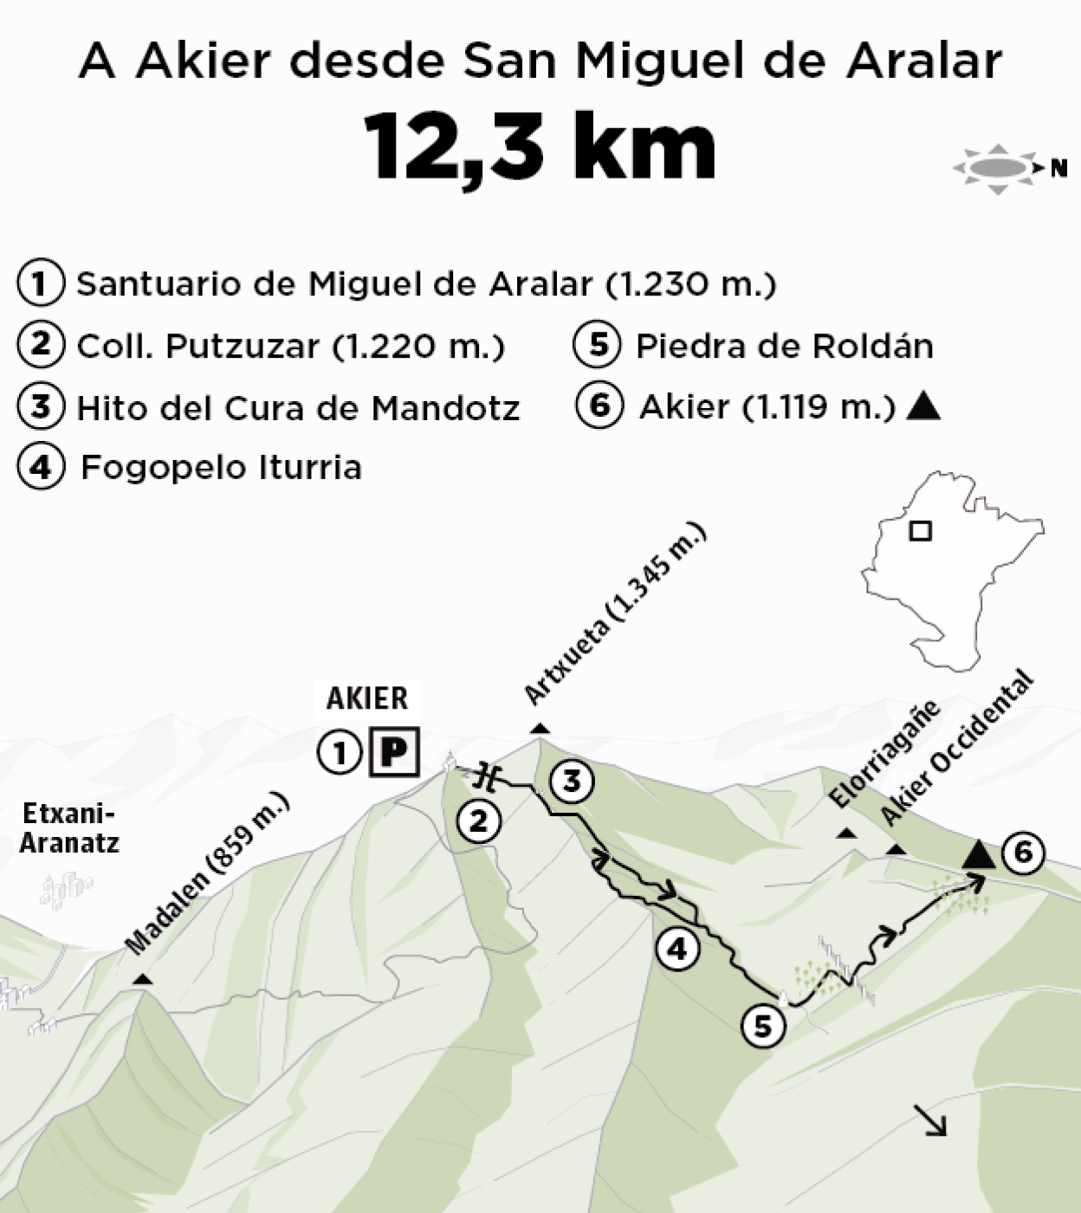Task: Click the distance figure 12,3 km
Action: (540, 146)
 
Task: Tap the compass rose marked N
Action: (998, 167)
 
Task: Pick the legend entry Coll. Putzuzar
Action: (290, 347)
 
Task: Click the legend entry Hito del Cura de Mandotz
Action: (297, 408)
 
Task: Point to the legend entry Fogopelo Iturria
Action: (221, 468)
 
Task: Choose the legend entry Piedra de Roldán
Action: (784, 347)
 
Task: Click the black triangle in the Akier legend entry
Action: (922, 407)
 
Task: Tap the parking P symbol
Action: (394, 751)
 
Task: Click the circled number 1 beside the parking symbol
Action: (340, 752)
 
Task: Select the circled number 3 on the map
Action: (572, 782)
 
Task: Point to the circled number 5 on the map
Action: (763, 1026)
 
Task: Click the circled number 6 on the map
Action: (1023, 853)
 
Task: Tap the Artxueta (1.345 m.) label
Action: (616, 614)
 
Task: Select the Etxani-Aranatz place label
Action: (69, 828)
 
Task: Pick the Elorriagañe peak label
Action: (884, 753)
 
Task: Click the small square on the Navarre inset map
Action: (920, 530)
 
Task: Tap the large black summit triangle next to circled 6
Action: (980, 854)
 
